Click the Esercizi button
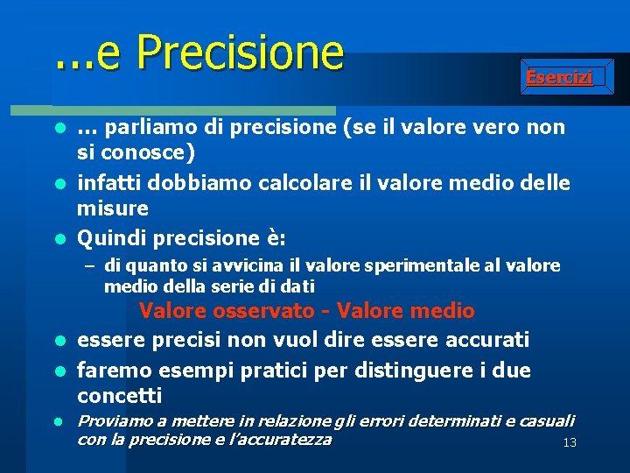[559, 77]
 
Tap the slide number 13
[570, 443]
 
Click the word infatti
[108, 183]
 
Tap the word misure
[113, 208]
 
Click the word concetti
[120, 395]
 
